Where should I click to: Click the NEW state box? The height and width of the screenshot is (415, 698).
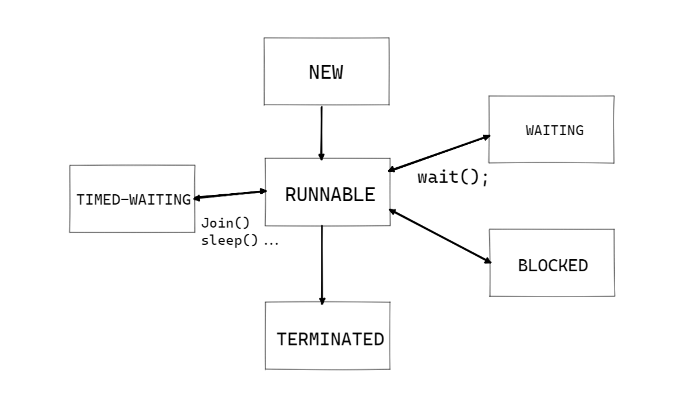tap(326, 72)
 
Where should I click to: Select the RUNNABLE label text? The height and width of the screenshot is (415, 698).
tap(329, 195)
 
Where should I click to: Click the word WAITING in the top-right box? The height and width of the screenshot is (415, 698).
tap(554, 130)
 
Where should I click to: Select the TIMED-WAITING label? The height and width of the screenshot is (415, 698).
tap(133, 199)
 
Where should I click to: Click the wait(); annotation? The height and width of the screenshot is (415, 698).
tap(452, 177)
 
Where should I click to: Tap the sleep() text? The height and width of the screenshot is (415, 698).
tap(229, 241)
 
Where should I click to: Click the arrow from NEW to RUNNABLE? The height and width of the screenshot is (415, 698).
tap(321, 132)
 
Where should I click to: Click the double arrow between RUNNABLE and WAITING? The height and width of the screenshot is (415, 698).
tap(439, 153)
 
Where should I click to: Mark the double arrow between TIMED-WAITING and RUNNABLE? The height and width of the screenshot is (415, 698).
tap(230, 194)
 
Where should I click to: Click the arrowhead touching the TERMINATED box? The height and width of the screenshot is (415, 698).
tap(322, 301)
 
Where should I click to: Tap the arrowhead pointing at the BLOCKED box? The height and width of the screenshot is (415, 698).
tap(488, 261)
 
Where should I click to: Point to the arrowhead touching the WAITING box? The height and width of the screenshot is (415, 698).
tap(486, 137)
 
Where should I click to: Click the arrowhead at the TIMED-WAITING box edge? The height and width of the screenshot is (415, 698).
tap(197, 198)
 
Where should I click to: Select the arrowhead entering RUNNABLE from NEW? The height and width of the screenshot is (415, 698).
tap(321, 157)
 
